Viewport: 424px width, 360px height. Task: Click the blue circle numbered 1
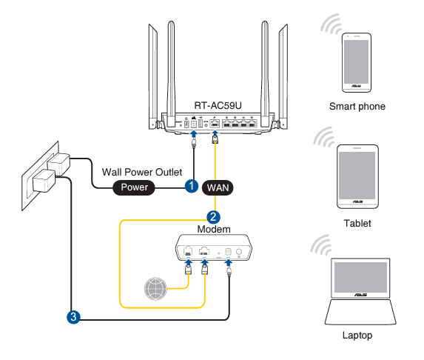192,186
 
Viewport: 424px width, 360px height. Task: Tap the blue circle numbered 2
213,217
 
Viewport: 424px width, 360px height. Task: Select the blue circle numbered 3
73,317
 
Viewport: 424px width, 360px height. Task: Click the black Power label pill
134,187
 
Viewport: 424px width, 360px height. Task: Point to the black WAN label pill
218,187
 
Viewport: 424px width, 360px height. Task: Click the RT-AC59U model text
218,105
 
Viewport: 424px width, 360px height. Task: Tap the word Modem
214,230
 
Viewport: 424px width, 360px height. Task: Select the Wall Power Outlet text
142,172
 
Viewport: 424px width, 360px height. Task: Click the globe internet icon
155,289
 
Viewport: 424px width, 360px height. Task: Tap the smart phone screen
356,61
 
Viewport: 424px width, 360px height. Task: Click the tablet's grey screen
357,176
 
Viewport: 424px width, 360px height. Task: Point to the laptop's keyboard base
360,312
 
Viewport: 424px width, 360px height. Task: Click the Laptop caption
357,336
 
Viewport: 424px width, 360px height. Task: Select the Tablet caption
357,223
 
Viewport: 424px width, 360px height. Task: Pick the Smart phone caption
357,107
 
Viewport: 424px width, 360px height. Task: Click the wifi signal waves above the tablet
325,137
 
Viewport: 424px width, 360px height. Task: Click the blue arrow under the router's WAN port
215,134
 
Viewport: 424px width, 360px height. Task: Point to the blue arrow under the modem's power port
229,262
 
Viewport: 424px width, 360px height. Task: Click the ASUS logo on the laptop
360,295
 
